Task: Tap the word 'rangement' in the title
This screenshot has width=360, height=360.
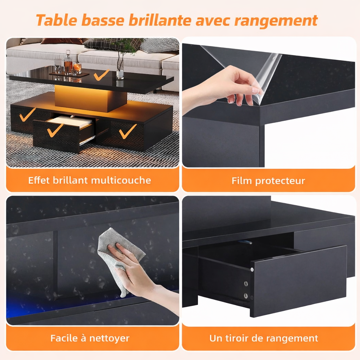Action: coord(276,20)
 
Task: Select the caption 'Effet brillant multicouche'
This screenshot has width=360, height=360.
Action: coord(90,180)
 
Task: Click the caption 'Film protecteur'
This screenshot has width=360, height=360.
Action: coord(268,181)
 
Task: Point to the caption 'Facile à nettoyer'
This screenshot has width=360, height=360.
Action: coord(90,338)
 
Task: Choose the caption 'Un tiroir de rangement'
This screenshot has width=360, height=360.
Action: coord(264,338)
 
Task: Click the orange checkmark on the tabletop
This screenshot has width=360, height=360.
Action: coord(101,75)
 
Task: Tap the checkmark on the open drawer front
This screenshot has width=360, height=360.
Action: coord(55,130)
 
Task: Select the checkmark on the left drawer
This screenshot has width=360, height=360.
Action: coord(27,115)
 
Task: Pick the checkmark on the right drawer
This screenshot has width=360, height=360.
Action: coord(127,131)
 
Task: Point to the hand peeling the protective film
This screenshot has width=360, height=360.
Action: coord(225,86)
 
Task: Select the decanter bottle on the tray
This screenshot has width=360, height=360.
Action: coord(68,63)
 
